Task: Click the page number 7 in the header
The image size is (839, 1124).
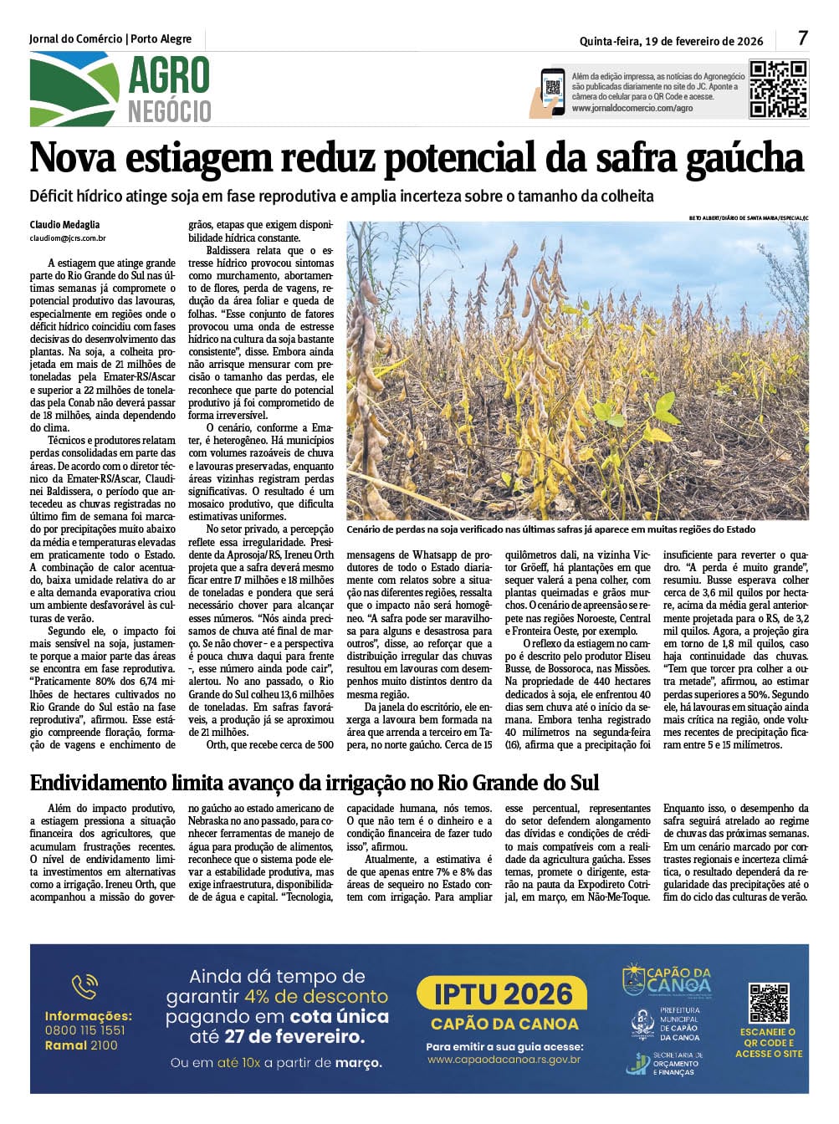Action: point(802,38)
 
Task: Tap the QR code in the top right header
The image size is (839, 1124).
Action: point(778,88)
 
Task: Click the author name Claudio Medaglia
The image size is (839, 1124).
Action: point(64,225)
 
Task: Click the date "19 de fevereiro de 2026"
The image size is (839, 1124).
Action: point(704,40)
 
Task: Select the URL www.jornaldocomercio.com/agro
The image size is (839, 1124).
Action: point(632,109)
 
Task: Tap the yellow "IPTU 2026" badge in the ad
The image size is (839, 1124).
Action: point(504,994)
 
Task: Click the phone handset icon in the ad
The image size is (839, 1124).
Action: point(84,988)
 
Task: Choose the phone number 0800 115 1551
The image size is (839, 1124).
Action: point(85,1030)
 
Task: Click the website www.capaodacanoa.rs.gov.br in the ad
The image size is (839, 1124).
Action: point(504,1060)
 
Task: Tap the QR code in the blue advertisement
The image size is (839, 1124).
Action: point(768,1003)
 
